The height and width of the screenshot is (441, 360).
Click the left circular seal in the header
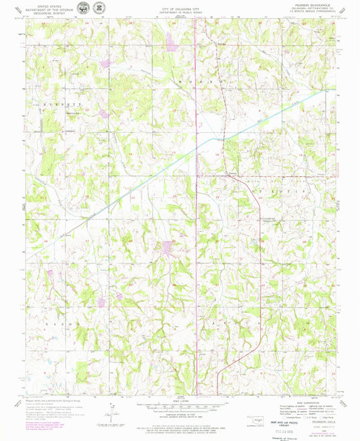click(x=82, y=8)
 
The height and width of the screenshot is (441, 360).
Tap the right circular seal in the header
click(x=99, y=8)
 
